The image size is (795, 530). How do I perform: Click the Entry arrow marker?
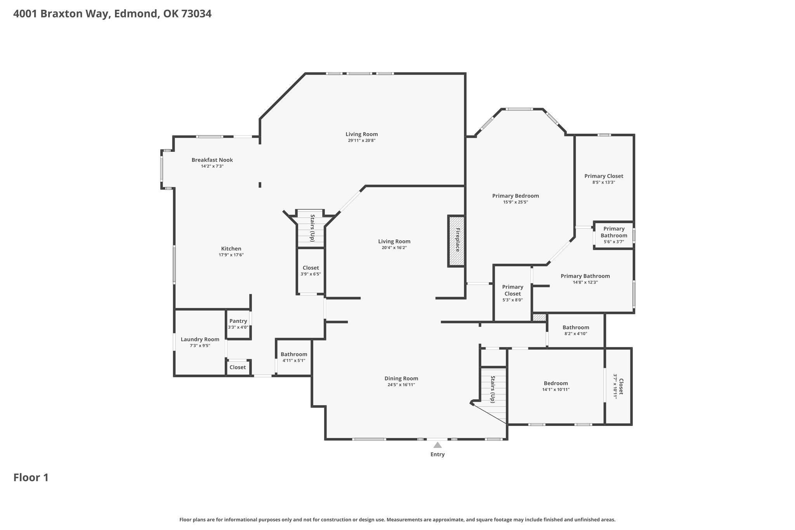coord(437,445)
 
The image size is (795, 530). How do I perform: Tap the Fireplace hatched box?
coord(457,241)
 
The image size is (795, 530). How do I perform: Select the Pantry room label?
coord(238,321)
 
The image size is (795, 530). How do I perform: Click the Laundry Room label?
coord(200,339)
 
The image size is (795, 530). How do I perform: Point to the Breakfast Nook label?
coord(212,160)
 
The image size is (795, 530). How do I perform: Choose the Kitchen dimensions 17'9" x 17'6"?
coord(231,255)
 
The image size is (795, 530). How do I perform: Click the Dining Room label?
coord(401,379)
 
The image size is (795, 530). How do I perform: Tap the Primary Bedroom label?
coord(516,196)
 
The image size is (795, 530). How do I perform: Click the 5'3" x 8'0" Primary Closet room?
coord(512,294)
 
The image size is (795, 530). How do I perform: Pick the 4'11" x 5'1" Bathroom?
coord(294,357)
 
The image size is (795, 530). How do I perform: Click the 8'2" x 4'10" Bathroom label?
coord(576,327)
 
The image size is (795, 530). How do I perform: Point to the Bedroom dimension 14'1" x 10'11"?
coord(556,389)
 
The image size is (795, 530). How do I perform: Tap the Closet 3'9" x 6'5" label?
coord(311,268)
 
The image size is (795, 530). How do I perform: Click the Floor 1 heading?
coord(31,478)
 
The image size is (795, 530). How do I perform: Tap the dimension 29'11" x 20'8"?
coord(361,141)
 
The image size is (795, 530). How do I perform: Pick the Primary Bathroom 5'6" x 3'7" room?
coord(614,235)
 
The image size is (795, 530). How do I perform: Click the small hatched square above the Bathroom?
coord(539,318)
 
